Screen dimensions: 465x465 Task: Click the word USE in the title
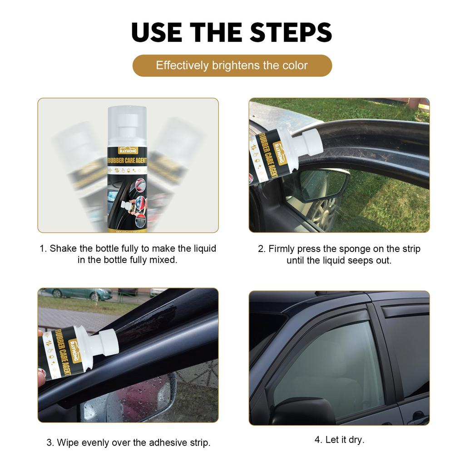tap(157, 32)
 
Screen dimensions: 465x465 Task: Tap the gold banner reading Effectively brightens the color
tap(232, 65)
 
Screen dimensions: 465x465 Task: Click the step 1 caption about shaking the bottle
tap(128, 254)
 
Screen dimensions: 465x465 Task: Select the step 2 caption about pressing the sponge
tap(339, 255)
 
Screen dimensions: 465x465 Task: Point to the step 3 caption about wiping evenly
tap(128, 442)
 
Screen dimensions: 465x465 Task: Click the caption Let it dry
tap(339, 440)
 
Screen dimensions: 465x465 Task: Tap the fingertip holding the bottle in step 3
tap(41, 377)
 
